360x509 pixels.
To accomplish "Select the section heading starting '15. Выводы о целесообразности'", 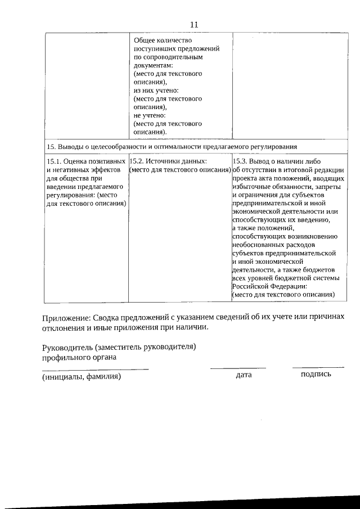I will [x=172, y=147].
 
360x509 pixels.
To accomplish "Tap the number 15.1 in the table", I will [x=56, y=161].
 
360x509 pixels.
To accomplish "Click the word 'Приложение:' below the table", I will [x=66, y=318].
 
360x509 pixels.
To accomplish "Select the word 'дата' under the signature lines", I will [x=244, y=375].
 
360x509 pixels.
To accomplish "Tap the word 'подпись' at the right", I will [x=316, y=374].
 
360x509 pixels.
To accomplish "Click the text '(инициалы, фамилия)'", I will [x=82, y=377].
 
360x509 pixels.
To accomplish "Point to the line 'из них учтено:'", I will [x=156, y=90].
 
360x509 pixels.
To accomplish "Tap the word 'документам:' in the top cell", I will [x=154, y=65].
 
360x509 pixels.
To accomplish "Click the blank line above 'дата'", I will [x=238, y=368].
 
